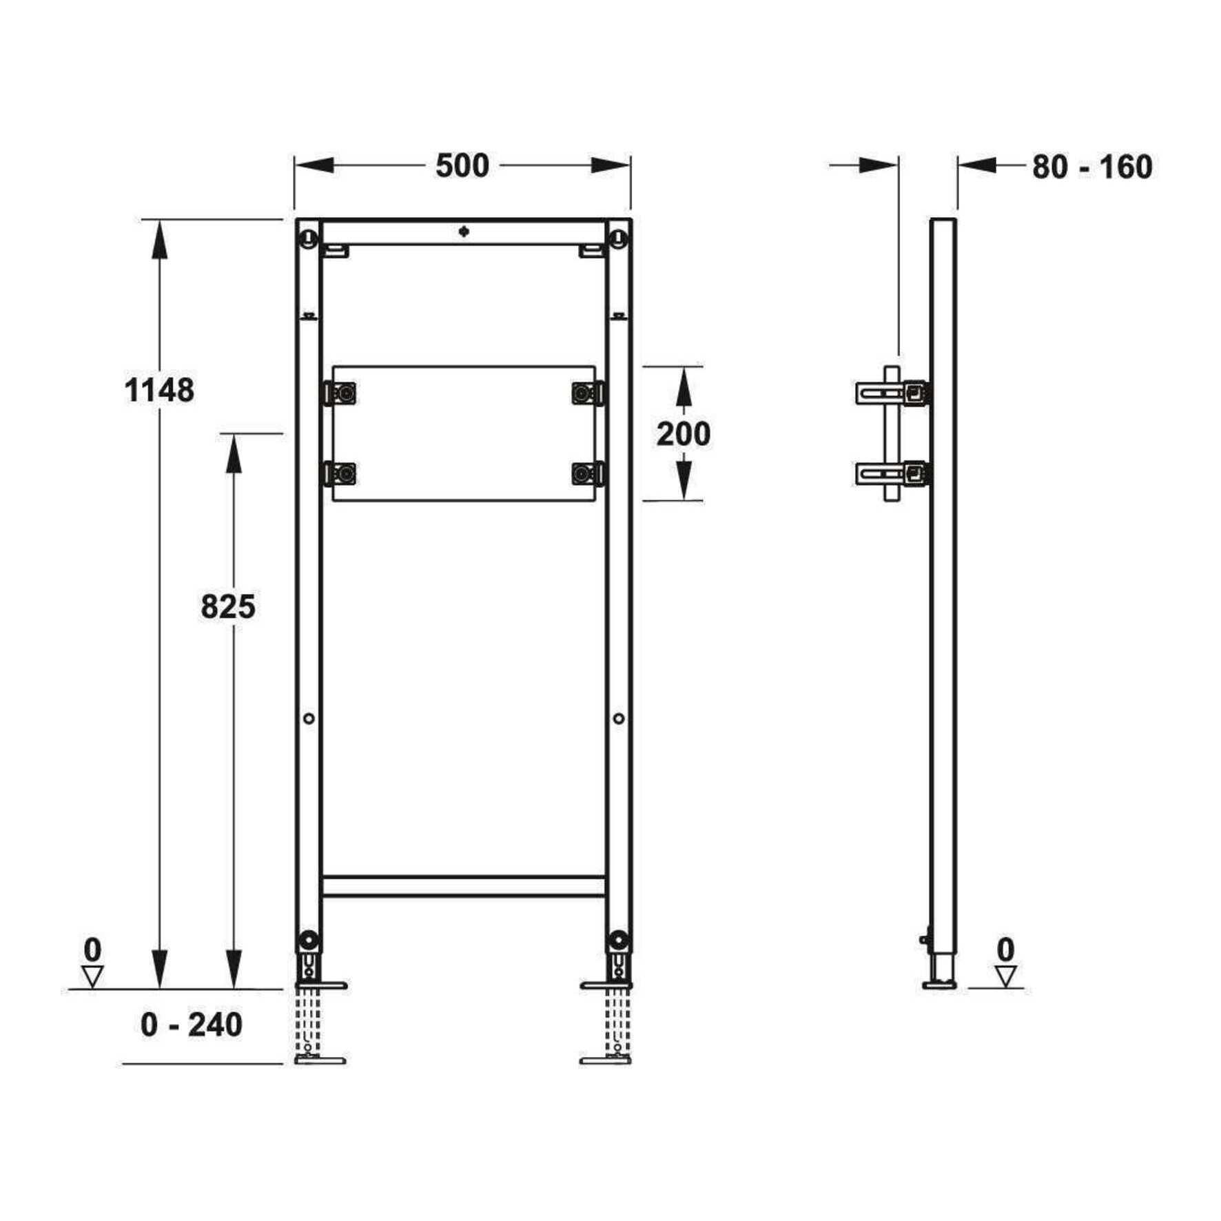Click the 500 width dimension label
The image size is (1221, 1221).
(x=462, y=166)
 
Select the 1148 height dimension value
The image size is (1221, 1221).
(x=159, y=391)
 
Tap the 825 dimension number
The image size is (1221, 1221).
(x=228, y=607)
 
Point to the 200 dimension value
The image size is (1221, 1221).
(x=683, y=434)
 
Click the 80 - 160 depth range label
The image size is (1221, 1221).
(x=1092, y=167)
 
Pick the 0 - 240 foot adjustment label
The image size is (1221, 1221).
(x=192, y=1025)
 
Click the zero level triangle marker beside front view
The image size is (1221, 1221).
(x=92, y=976)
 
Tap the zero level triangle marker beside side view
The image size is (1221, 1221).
(x=1006, y=976)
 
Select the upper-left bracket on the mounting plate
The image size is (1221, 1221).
(x=341, y=393)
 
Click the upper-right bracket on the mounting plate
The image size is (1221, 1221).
(x=588, y=393)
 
